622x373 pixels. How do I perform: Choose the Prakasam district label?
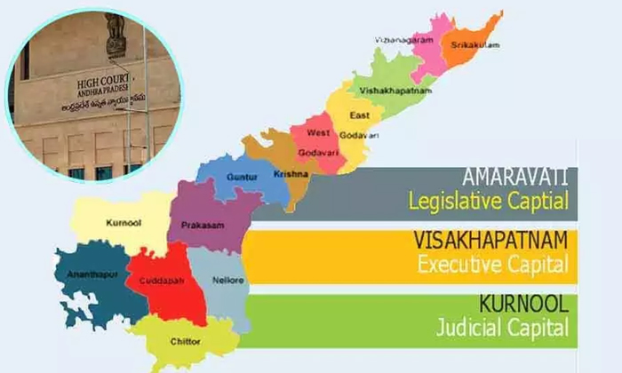coord(203,226)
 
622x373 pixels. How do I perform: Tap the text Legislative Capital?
coord(488,201)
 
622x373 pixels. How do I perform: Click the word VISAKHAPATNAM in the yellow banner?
coord(488,240)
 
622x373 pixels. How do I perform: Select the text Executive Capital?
coord(491,265)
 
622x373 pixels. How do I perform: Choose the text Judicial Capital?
coord(501,329)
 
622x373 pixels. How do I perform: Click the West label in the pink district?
coord(317,132)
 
